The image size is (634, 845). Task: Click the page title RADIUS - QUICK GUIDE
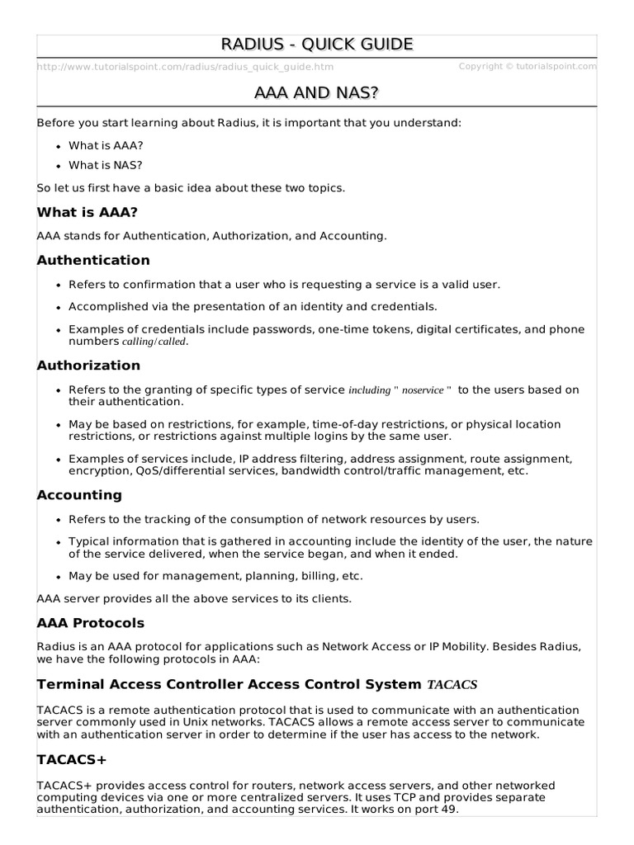pyautogui.click(x=317, y=45)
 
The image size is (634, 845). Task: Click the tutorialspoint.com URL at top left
pyautogui.click(x=186, y=67)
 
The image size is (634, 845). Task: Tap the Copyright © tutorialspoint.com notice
pyautogui.click(x=527, y=66)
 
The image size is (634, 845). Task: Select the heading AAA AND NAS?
pyautogui.click(x=317, y=93)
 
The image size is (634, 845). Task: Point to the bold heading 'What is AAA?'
pyautogui.click(x=87, y=212)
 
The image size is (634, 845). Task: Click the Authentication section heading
pyautogui.click(x=93, y=260)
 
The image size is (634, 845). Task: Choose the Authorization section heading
pyautogui.click(x=88, y=365)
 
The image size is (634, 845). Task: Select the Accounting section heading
pyautogui.click(x=79, y=495)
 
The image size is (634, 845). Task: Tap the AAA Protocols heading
pyautogui.click(x=91, y=622)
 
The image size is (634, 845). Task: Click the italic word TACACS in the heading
pyautogui.click(x=452, y=684)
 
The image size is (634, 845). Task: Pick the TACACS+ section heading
pyautogui.click(x=72, y=759)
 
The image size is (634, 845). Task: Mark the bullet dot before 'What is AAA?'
pyautogui.click(x=59, y=146)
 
